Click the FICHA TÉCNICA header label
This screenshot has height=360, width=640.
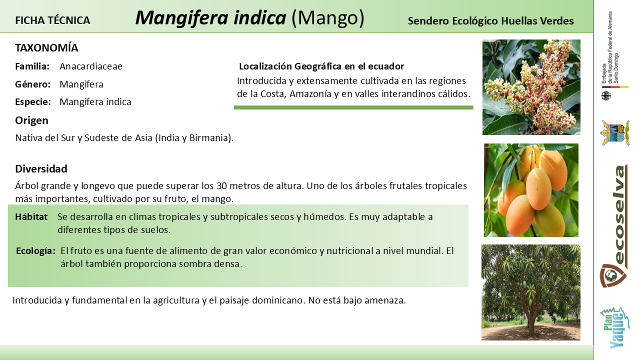52,20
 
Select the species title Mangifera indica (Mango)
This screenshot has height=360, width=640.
249,18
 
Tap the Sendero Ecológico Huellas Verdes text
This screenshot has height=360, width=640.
490,21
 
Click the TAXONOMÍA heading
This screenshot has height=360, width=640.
46,47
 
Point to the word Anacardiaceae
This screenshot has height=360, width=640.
91,66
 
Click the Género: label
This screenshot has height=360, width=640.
33,84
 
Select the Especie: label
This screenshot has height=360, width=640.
33,101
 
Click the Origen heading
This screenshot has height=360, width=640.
31,120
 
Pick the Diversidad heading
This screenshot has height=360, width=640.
41,169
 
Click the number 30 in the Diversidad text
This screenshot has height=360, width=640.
221,185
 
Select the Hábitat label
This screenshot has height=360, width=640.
31,217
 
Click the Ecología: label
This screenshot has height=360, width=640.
35,251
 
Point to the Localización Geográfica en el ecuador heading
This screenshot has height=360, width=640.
321,66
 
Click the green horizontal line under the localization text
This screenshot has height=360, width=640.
353,107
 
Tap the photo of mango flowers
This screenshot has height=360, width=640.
531,87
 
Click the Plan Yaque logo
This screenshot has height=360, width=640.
614,328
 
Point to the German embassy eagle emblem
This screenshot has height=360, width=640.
606,95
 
